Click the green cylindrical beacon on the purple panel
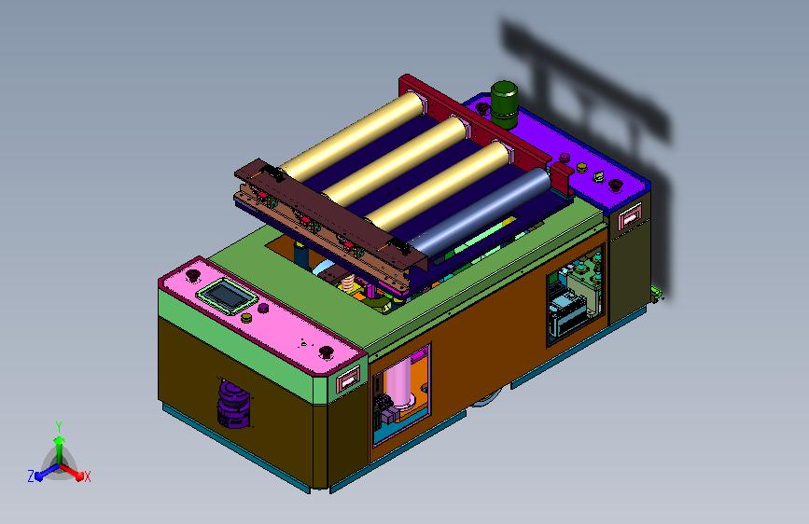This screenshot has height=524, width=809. tap(504, 104)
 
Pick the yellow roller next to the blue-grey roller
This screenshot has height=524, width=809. tap(439, 186)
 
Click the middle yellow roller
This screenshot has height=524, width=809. tap(397, 159)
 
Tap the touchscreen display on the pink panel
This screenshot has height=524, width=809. tap(227, 296)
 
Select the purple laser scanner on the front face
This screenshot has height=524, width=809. tap(233, 404)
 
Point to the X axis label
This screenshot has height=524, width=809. tap(87, 476)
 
